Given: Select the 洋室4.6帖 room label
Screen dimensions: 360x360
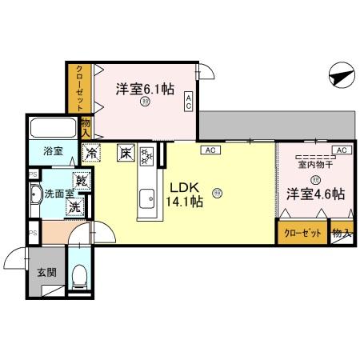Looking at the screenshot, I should [x=318, y=194].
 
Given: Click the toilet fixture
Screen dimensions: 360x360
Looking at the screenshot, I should [x=79, y=277].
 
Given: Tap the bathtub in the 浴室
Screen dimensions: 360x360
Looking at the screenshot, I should [x=54, y=127].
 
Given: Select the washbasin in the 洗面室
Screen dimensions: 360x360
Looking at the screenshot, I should [x=36, y=194].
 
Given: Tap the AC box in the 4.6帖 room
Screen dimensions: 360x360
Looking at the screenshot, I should [x=340, y=150].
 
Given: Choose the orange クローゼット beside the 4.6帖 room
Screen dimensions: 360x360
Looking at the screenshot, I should [x=303, y=233].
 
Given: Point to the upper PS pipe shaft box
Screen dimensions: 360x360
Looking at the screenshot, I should [x=32, y=174].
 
